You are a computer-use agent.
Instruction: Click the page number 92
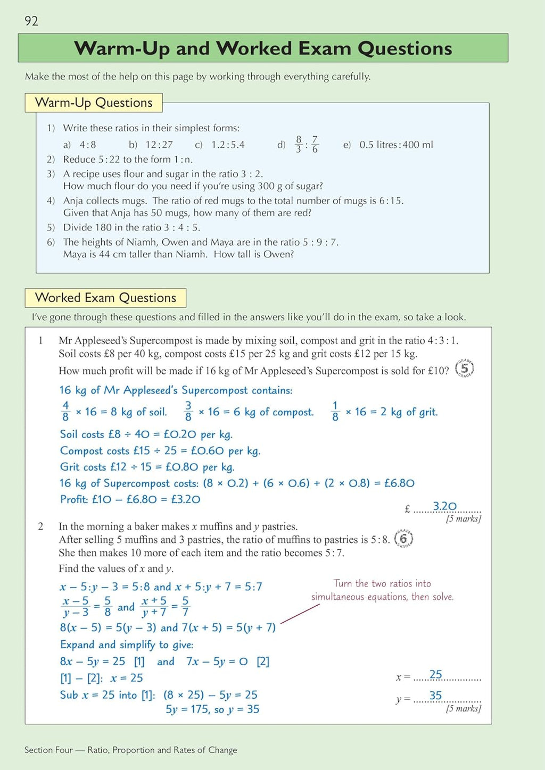(x=31, y=21)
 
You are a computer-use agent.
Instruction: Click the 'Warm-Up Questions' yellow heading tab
(x=94, y=103)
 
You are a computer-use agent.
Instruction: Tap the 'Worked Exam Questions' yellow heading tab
(x=105, y=298)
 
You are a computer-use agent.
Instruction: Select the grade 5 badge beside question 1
(x=465, y=369)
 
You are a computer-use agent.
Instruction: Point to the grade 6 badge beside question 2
(x=403, y=539)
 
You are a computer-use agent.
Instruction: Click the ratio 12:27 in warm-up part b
(x=159, y=145)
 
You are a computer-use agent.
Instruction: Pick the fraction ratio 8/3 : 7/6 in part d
(x=306, y=144)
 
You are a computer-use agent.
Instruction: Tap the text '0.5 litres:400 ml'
(x=396, y=145)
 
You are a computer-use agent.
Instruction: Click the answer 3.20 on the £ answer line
(x=444, y=506)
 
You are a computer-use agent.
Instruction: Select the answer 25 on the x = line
(x=435, y=674)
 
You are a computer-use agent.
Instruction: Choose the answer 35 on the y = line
(x=435, y=696)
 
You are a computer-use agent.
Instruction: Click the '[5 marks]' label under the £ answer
(x=463, y=518)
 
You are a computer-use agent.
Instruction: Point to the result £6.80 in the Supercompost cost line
(x=399, y=483)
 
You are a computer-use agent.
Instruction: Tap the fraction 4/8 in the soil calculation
(x=65, y=412)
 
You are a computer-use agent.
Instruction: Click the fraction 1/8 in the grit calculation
(x=335, y=412)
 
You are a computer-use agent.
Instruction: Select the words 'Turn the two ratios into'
(x=382, y=583)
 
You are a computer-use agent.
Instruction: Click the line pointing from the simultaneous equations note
(x=300, y=614)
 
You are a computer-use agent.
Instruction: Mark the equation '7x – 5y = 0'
(x=217, y=662)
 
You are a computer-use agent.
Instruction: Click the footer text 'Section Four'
(x=48, y=750)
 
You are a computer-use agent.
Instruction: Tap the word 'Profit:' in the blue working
(x=74, y=499)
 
